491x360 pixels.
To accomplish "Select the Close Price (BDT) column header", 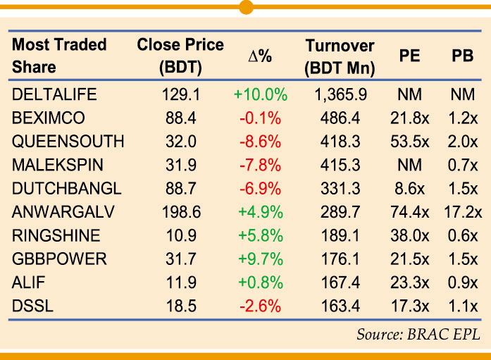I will (180, 56).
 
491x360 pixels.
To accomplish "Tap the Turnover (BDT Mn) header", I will (340, 56).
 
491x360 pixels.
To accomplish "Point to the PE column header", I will (409, 57).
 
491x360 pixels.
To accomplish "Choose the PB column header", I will (462, 57).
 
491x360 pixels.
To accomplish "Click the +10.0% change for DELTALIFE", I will (260, 94).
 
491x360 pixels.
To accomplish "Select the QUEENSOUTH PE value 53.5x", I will (410, 141).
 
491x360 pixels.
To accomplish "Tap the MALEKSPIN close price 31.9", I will (180, 165).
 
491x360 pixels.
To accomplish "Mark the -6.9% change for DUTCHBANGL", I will (260, 188).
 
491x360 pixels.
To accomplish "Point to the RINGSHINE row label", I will (56, 235).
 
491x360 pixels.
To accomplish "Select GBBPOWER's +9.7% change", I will (260, 259).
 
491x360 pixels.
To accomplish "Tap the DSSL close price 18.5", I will (180, 306).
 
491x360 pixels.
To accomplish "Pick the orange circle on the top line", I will (246, 7).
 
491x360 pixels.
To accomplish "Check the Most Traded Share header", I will (59, 56).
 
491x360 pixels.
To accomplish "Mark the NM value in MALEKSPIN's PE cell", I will (410, 165).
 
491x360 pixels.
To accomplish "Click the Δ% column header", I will (260, 57).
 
